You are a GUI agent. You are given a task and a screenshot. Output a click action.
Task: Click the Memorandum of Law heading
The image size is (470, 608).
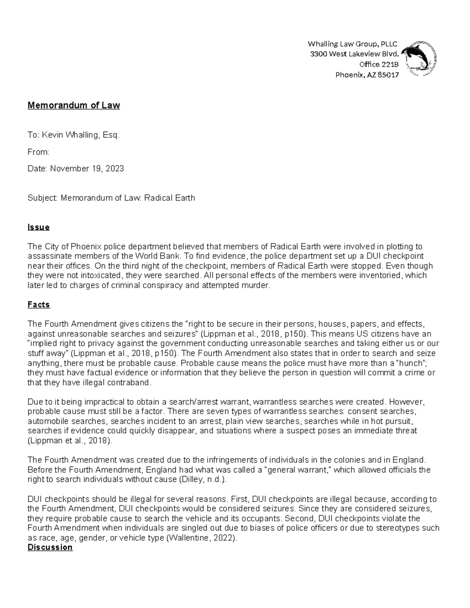74,105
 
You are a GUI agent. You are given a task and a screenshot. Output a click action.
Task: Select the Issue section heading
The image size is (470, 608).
38,227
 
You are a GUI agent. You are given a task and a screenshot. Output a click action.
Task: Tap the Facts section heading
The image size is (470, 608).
39,305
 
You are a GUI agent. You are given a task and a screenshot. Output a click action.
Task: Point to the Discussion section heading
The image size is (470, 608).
50,547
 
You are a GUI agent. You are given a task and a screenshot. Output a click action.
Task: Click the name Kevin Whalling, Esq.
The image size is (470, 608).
80,135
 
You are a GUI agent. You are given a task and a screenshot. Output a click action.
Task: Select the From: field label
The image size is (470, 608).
38,152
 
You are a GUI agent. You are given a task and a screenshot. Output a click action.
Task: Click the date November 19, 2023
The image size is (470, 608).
87,169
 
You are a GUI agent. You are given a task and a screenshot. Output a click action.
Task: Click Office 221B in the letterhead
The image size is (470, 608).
378,65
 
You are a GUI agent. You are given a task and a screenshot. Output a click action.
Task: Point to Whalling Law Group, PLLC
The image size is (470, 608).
352,43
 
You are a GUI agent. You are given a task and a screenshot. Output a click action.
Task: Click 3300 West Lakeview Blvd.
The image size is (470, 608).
354,54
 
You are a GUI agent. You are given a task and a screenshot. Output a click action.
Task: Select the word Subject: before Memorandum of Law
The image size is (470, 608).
43,198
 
